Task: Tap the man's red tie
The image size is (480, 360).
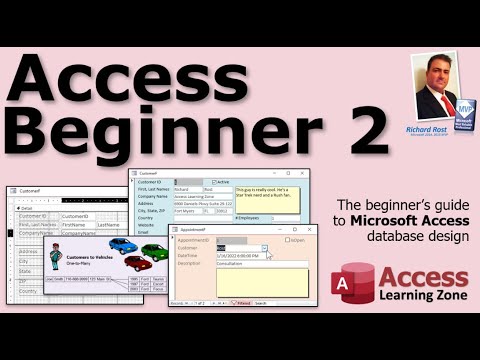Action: pos(437,103)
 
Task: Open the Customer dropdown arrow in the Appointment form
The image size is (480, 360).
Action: pos(264,248)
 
